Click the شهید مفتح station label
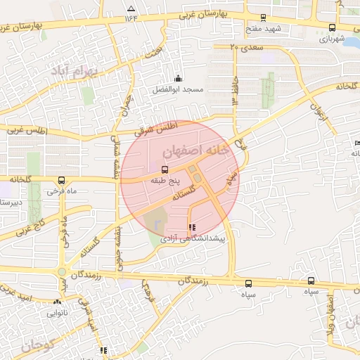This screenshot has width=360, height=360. coord(264,29)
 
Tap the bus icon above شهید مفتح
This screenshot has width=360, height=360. coord(264,18)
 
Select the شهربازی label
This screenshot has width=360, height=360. coord(333,39)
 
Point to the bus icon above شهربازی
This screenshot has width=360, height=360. coord(333,28)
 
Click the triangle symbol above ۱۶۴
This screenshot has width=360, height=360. coord(129,8)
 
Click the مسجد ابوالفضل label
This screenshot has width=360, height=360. coord(178,90)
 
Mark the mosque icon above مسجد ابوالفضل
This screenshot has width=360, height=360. coord(178,78)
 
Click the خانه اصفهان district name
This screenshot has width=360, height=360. coord(195,150)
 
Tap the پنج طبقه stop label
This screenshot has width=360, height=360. coord(165,181)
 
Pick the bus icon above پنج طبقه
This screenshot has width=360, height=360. coord(165,169)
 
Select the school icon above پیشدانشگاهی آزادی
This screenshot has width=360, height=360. coord(192,227)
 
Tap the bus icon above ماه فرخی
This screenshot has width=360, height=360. coord(62,180)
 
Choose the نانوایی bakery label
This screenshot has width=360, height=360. coord(57,314)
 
